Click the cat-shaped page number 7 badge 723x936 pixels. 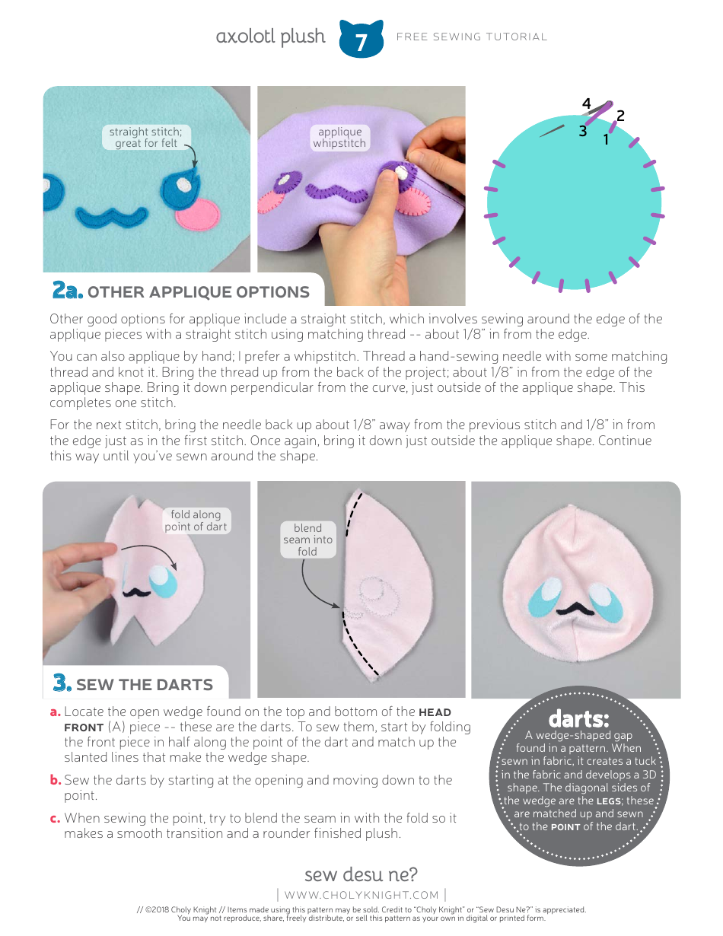pyautogui.click(x=361, y=40)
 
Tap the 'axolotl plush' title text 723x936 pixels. pyautogui.click(x=270, y=37)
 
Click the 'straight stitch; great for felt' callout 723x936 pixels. pyautogui.click(x=146, y=138)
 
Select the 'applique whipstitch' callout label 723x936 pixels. pyautogui.click(x=339, y=138)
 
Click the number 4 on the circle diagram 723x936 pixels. pyautogui.click(x=586, y=103)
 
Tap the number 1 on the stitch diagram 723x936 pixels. pyautogui.click(x=607, y=139)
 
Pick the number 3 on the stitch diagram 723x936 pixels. pyautogui.click(x=582, y=131)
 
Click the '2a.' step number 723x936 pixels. pyautogui.click(x=67, y=291)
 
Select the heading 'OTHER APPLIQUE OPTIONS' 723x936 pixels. pyautogui.click(x=199, y=292)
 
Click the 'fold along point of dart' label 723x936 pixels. pyautogui.click(x=196, y=521)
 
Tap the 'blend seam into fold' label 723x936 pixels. pyautogui.click(x=307, y=540)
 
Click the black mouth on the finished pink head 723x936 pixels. pyautogui.click(x=576, y=607)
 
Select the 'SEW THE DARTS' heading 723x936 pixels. pyautogui.click(x=145, y=684)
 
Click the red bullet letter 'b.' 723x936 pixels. pyautogui.click(x=56, y=780)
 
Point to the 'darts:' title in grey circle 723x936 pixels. pyautogui.click(x=578, y=719)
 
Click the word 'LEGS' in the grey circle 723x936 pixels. pyautogui.click(x=608, y=801)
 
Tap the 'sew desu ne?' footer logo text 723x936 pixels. pyautogui.click(x=361, y=874)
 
